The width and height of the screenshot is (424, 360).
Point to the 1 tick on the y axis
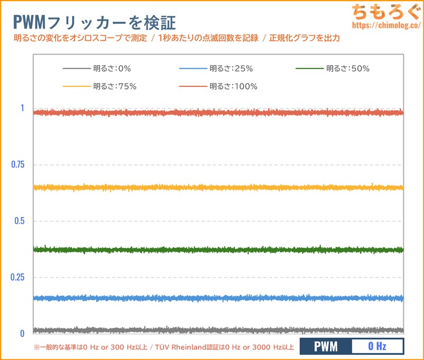click(x=22, y=108)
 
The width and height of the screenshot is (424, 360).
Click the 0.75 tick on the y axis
click(x=18, y=165)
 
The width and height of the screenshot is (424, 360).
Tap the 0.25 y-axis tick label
click(x=18, y=277)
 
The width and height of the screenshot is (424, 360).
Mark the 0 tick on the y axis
click(x=22, y=334)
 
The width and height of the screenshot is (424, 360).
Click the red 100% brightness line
click(x=217, y=113)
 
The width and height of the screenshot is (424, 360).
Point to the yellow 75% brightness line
click(x=217, y=187)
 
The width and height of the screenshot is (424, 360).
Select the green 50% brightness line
click(x=217, y=249)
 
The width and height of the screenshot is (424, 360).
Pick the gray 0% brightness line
click(x=217, y=330)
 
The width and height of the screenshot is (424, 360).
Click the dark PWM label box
click(x=325, y=347)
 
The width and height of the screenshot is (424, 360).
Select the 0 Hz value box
click(x=377, y=347)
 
